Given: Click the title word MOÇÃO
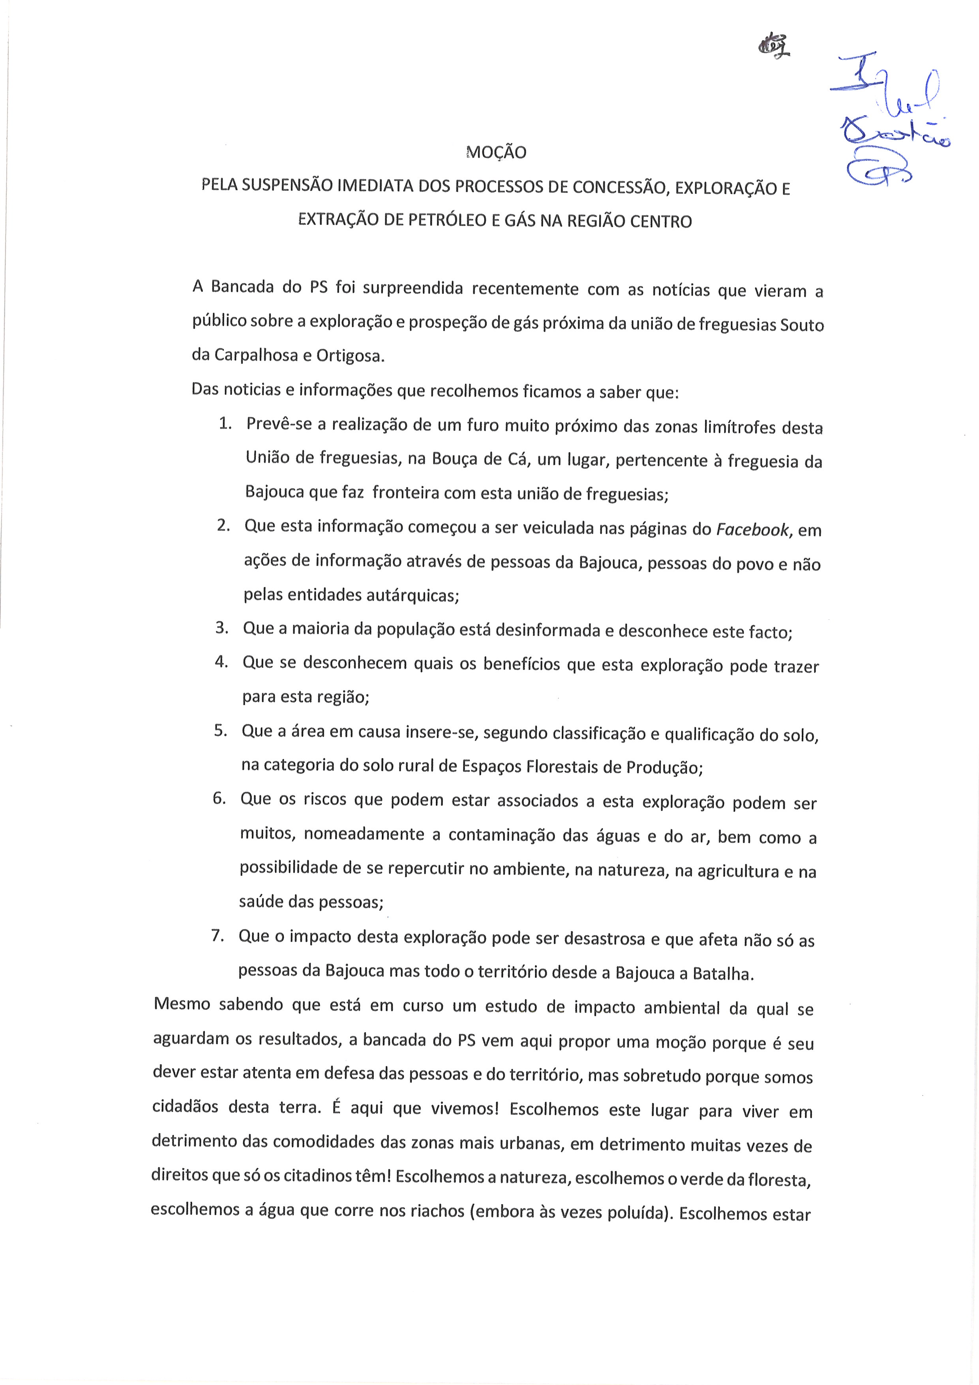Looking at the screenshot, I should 496,152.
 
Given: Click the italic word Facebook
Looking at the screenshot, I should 752,530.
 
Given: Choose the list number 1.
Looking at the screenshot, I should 225,423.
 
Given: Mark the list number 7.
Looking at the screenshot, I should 218,936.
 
